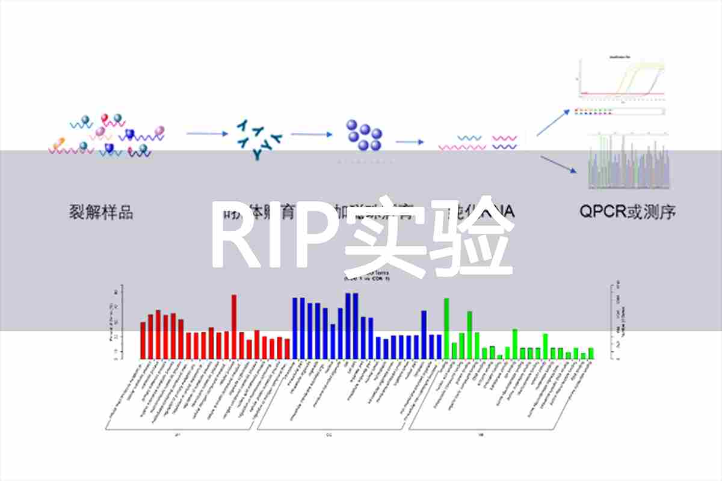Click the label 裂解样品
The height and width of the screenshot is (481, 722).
pyautogui.click(x=101, y=212)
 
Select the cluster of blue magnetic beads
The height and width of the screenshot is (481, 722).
pyautogui.click(x=364, y=136)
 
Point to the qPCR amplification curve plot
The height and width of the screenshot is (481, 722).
pyautogui.click(x=621, y=78)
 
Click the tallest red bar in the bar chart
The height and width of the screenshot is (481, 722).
pyautogui.click(x=234, y=326)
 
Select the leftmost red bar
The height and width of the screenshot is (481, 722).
pyautogui.click(x=143, y=340)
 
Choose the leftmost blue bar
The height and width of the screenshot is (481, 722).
pyautogui.click(x=295, y=328)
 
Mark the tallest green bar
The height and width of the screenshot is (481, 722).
pyautogui.click(x=446, y=328)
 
